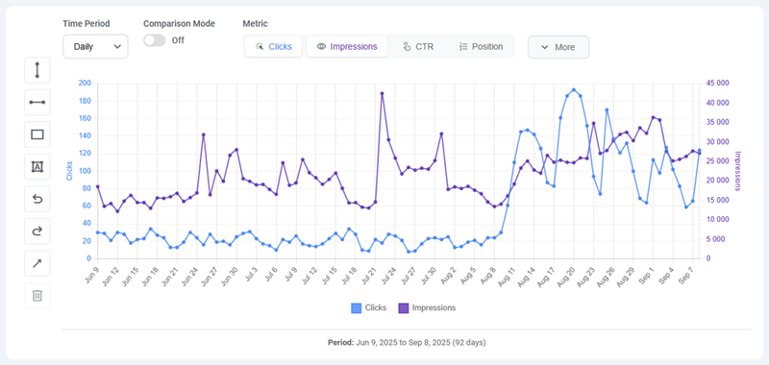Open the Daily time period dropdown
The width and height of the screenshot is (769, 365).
[95, 45]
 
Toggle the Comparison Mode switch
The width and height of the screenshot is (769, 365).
[154, 40]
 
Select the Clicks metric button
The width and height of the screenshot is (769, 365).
[274, 46]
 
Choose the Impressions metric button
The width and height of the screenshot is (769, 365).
[347, 46]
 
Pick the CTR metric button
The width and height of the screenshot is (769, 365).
[418, 46]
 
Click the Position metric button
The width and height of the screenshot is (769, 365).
[481, 46]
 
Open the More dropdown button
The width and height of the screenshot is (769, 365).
[558, 46]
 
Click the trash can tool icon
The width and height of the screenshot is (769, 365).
[37, 295]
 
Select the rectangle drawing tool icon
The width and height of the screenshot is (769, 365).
[37, 134]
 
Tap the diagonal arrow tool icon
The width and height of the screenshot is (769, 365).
[37, 263]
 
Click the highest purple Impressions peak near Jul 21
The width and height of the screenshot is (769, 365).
[382, 93]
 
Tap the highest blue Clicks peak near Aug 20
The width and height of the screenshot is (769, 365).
[574, 90]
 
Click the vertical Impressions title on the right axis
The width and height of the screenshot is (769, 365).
[738, 170]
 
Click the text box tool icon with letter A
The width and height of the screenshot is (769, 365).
[37, 166]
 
